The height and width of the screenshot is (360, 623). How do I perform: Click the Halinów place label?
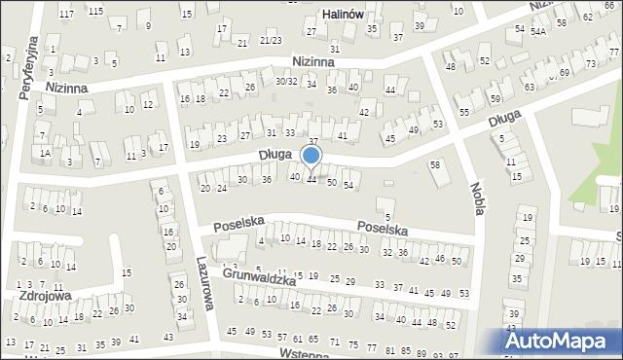pos(344,15)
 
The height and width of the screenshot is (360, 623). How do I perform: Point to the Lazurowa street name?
pos(203,288)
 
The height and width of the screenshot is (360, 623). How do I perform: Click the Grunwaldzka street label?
pos(258,277)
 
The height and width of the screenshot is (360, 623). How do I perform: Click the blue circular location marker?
pos(311,156)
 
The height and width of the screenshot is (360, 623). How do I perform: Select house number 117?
pos(66,13)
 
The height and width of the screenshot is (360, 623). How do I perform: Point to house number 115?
pos(95,11)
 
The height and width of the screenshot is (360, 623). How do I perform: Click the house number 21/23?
pos(271,41)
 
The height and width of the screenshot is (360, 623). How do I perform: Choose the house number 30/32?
pos(285,81)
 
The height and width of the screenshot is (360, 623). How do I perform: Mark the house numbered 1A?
pos(45,153)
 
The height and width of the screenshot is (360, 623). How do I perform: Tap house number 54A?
pos(538,32)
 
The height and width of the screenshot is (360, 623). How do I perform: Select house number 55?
pos(464,113)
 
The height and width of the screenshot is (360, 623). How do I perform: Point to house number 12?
pos(147,104)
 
